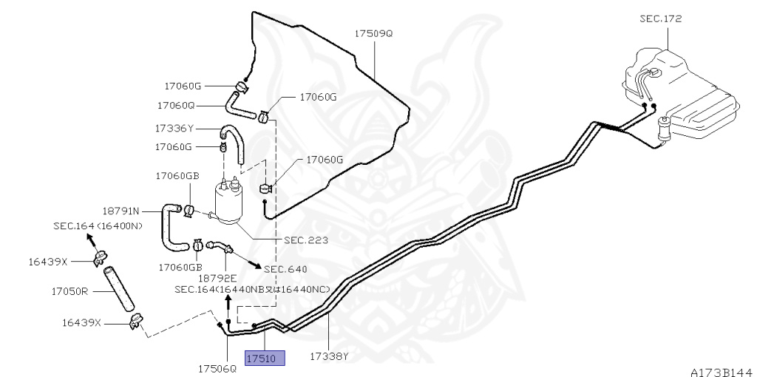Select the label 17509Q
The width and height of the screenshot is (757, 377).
coord(373,34)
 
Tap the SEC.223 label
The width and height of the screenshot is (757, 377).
coord(306,240)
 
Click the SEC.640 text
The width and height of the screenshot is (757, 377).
coord(285,268)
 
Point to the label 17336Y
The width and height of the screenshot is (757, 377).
coord(174,128)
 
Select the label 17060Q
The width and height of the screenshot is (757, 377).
coord(174,105)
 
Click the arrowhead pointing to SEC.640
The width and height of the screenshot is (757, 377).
coord(258,265)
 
